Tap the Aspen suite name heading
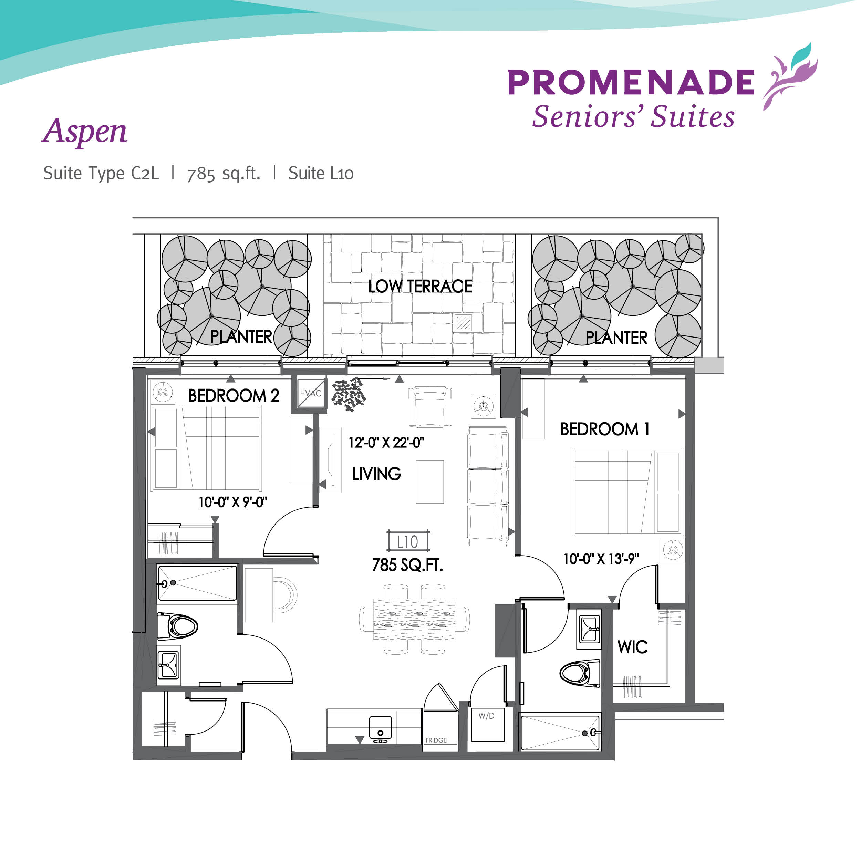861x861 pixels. pos(85,132)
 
